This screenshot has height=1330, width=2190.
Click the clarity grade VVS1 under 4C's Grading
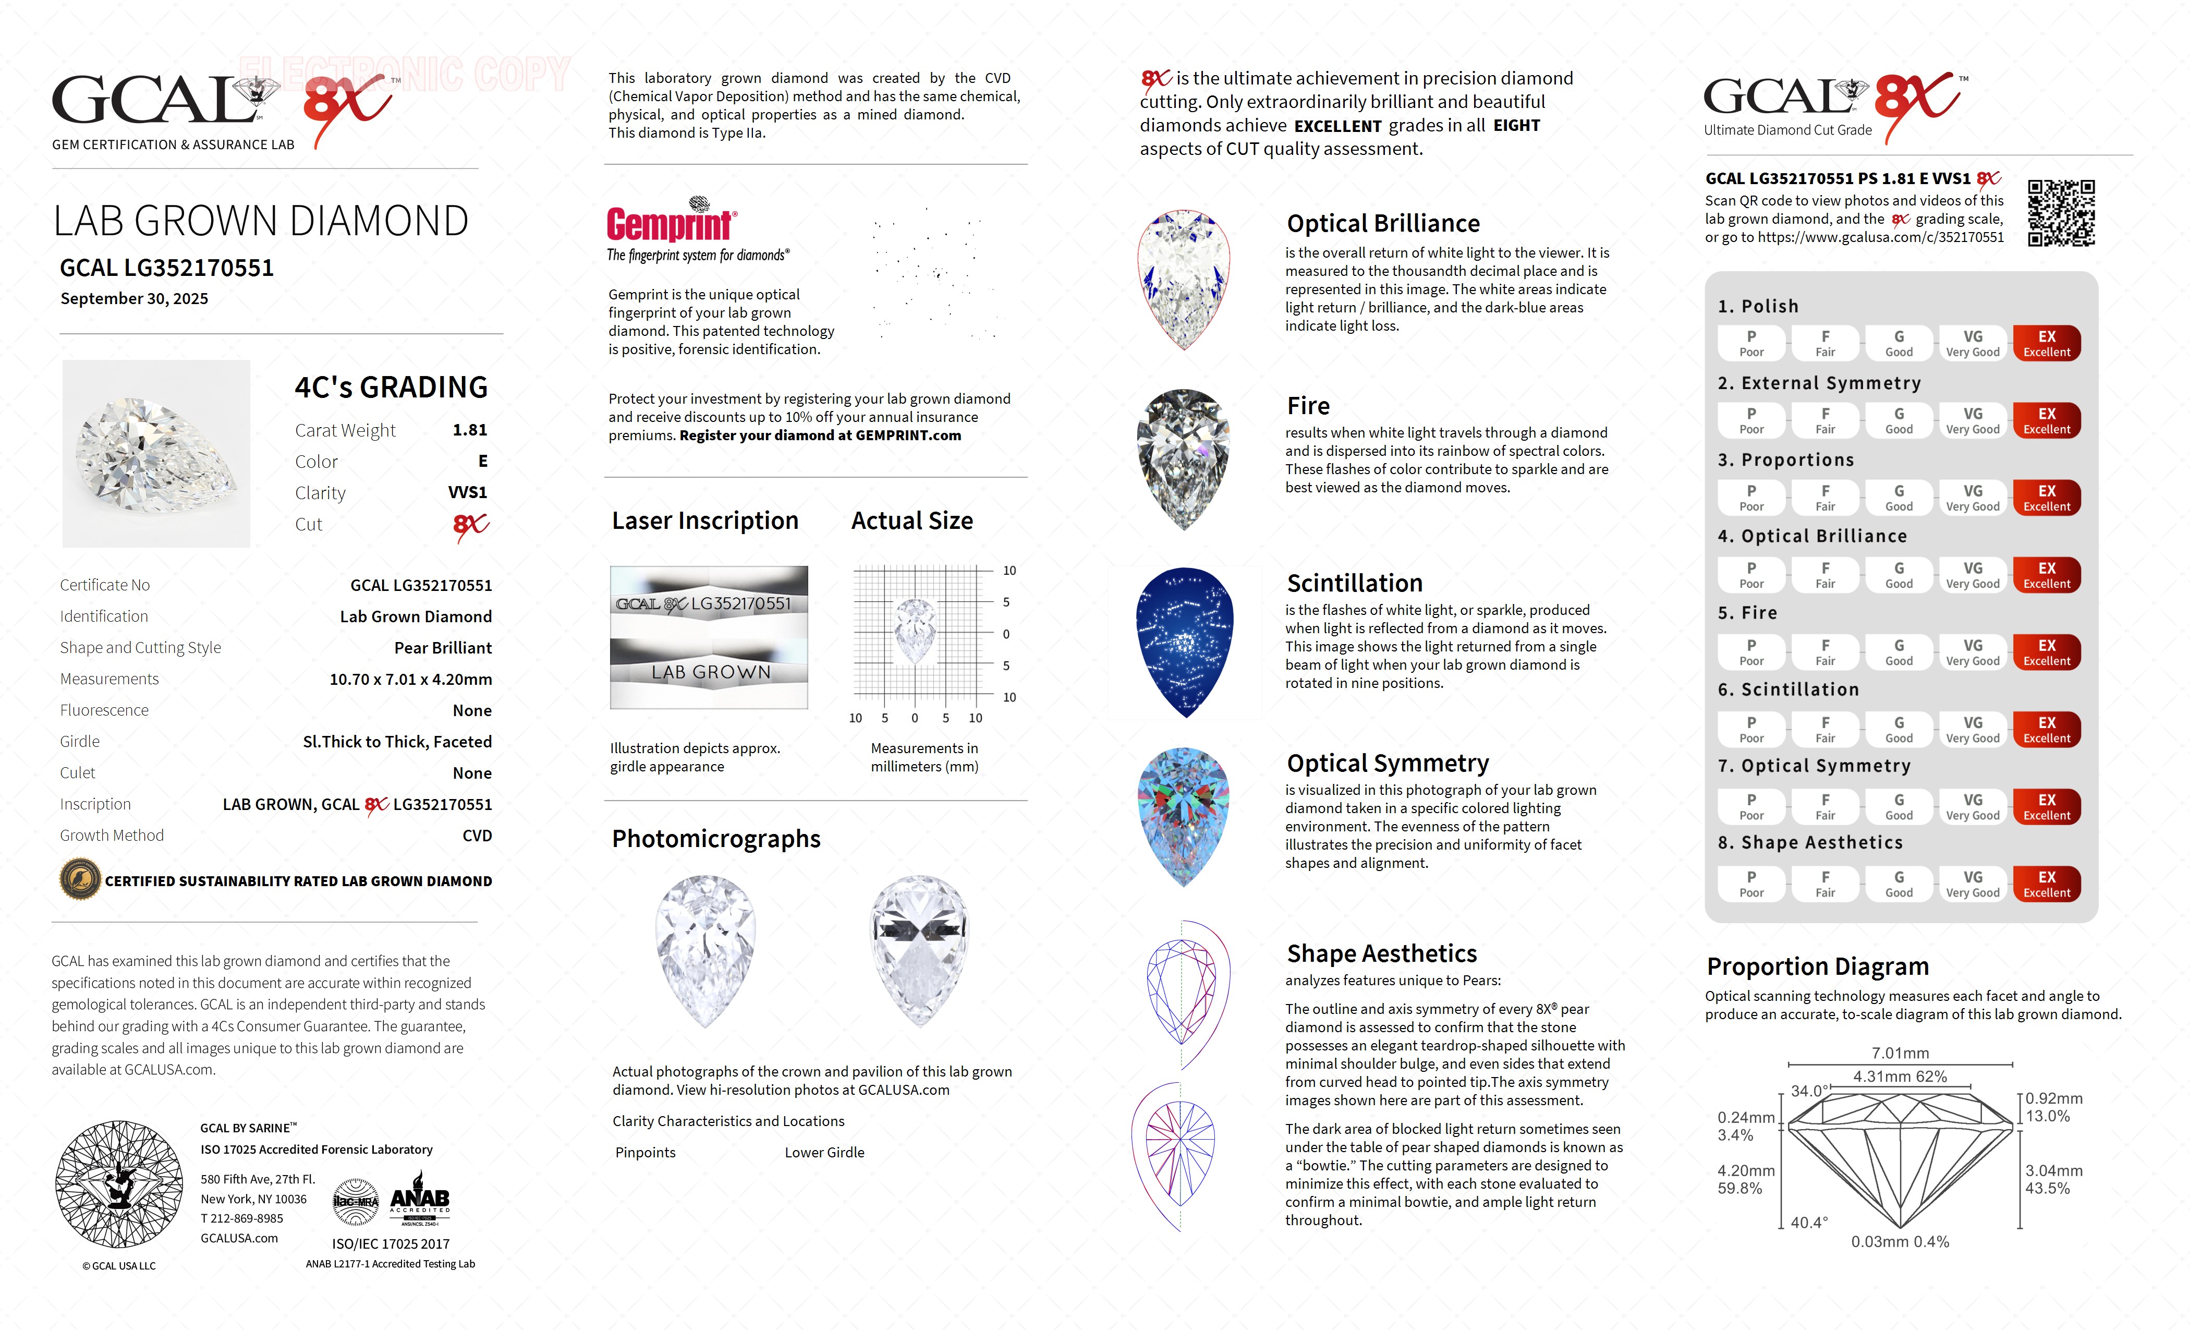tap(468, 492)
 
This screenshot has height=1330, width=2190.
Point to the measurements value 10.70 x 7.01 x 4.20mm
tap(411, 679)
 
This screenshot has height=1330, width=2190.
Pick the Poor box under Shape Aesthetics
tap(1751, 884)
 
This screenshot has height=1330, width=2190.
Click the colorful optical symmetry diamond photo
tap(1184, 816)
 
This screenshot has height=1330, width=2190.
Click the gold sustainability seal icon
tap(80, 880)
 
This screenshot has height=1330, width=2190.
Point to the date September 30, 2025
tap(134, 299)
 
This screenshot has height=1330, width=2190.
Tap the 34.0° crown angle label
tap(1809, 1091)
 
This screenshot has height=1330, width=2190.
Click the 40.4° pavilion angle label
tap(1809, 1223)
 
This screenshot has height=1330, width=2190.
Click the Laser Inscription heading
tap(705, 521)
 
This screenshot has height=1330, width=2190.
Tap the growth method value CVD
tap(477, 836)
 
